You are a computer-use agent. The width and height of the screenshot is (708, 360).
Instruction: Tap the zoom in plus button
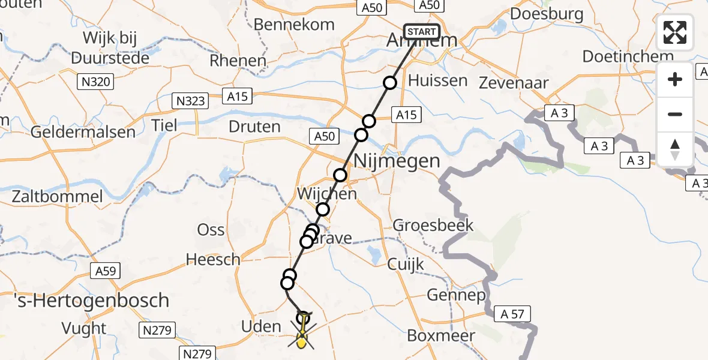(675, 79)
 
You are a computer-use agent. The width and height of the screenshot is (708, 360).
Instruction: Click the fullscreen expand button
(675, 32)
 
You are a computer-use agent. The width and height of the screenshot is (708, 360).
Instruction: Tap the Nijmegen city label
(397, 161)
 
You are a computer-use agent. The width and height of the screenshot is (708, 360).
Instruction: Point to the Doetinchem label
(628, 58)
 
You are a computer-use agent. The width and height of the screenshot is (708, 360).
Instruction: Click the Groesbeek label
(433, 226)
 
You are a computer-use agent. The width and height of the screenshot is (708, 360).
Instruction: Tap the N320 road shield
(95, 81)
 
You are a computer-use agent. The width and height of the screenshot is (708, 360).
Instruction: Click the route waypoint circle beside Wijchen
(323, 209)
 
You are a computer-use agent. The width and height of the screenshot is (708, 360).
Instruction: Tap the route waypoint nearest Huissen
(391, 83)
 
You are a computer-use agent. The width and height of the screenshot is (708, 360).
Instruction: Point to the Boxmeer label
(441, 335)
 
